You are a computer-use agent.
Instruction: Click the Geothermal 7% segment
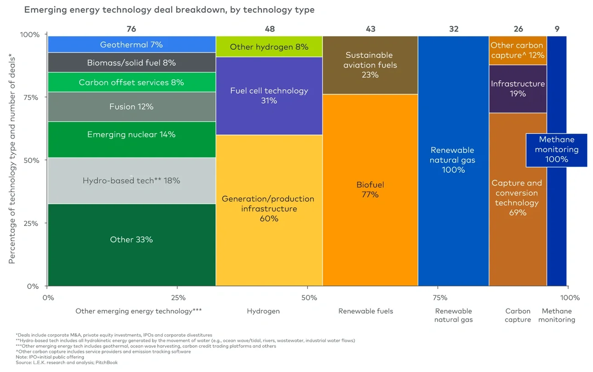[x=131, y=45]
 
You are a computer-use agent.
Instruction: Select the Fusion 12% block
[x=131, y=107]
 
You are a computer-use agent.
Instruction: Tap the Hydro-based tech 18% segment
[x=131, y=181]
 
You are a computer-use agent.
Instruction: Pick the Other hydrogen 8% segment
[x=269, y=47]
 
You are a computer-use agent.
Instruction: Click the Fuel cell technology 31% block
[x=269, y=96]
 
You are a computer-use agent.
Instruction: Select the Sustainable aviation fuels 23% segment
[x=370, y=65]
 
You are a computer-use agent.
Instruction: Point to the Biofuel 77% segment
[x=370, y=190]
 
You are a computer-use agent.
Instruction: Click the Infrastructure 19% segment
[x=518, y=89]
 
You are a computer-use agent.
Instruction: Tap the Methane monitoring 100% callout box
[x=557, y=150]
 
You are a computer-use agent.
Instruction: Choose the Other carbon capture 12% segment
[x=518, y=50]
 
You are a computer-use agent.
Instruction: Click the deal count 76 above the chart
[x=131, y=29]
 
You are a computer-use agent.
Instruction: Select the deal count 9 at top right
[x=557, y=29]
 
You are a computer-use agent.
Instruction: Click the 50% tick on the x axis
[x=309, y=298]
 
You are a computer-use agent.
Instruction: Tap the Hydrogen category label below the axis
[x=263, y=311]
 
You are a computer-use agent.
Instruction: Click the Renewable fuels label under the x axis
[x=365, y=311]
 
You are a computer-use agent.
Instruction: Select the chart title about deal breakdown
[x=169, y=10]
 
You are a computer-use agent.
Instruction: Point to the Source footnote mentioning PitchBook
[x=67, y=362]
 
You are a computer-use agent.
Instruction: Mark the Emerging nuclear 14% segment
[x=131, y=135]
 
